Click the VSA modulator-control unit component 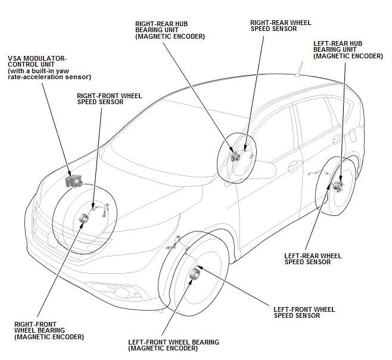[74, 181]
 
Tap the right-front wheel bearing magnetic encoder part [84, 218]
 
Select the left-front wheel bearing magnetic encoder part [195, 274]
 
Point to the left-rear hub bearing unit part [339, 185]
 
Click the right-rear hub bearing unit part [235, 156]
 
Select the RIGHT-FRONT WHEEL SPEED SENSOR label [109, 99]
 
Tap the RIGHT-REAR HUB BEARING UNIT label [170, 30]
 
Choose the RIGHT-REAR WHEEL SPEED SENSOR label [281, 26]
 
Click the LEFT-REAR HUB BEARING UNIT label [348, 50]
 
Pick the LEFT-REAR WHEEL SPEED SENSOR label [313, 259]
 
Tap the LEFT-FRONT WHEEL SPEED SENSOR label [304, 312]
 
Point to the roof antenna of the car [299, 68]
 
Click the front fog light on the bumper [123, 292]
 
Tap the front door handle [295, 166]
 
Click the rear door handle [337, 139]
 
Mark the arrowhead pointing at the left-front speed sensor [201, 267]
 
